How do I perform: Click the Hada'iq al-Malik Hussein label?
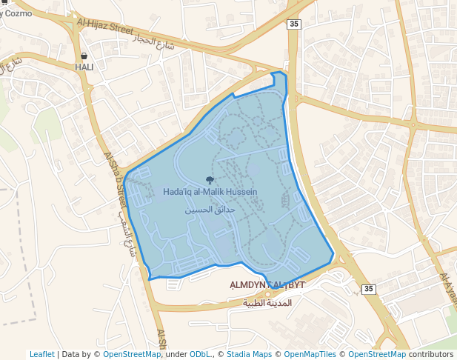point(210,192)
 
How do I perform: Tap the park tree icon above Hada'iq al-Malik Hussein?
point(210,180)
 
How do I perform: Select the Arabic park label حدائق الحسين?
point(210,210)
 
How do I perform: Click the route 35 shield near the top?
point(295,24)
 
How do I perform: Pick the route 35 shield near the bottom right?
point(369,288)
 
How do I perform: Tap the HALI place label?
point(84,67)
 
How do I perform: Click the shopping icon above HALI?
point(84,56)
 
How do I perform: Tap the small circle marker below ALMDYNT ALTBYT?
point(267,294)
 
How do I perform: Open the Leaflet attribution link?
point(41,354)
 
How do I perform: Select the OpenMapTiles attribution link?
point(310,354)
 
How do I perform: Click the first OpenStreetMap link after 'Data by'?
point(131,354)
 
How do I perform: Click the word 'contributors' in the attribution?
point(431,354)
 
